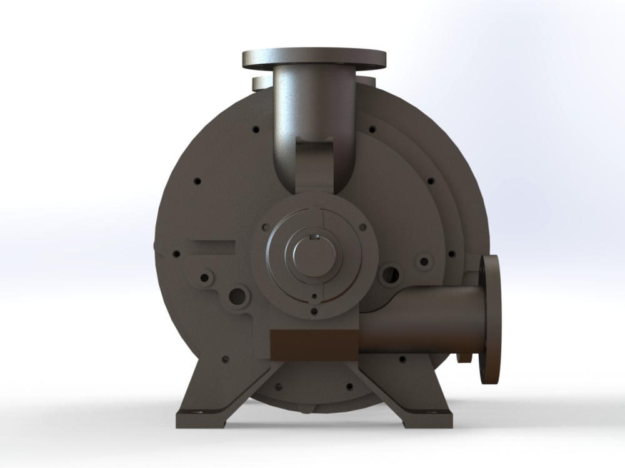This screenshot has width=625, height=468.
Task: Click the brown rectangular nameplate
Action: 312,344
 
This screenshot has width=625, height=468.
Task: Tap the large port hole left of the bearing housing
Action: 238,296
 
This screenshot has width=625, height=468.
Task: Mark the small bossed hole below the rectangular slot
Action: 204,278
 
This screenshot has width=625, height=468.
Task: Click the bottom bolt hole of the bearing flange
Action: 314,310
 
